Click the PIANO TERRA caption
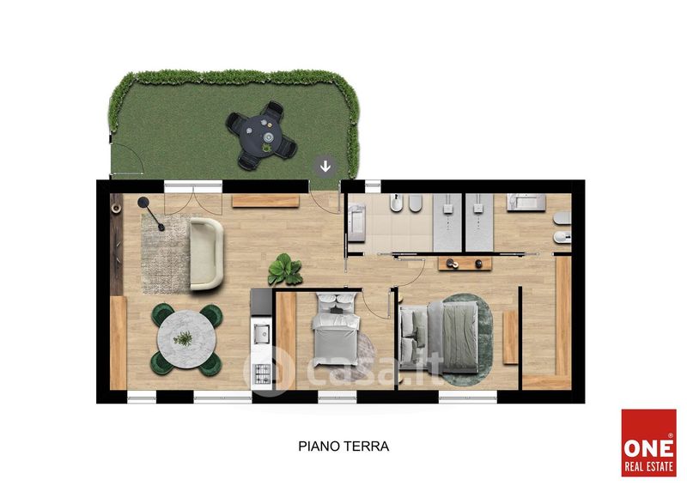tap(343, 447)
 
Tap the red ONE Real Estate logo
tap(649, 442)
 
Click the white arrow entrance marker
tap(325, 167)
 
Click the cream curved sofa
tap(206, 254)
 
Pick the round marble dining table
tap(186, 339)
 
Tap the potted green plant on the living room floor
tap(285, 270)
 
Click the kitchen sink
tap(262, 333)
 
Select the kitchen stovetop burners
tap(262, 374)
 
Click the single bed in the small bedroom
tap(336, 330)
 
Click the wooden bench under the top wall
tap(265, 201)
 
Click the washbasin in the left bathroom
tap(356, 222)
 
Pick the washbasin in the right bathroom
tap(526, 203)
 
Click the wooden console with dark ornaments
tap(465, 264)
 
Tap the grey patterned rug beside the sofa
tap(166, 254)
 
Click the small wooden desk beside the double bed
tap(510, 337)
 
